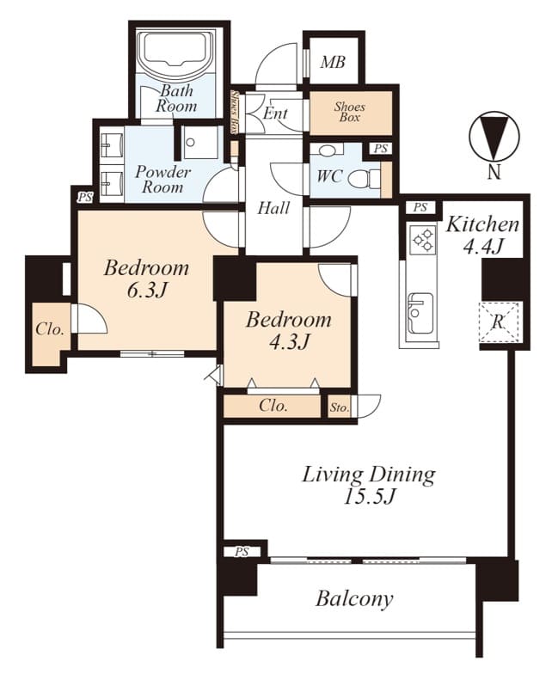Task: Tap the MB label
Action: (x=333, y=62)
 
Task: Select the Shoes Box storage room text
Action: (x=349, y=112)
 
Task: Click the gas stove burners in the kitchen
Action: (x=423, y=240)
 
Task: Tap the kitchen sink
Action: (x=420, y=313)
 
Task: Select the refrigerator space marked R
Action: (x=499, y=322)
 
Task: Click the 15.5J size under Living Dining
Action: (x=370, y=497)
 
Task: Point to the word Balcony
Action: (x=354, y=598)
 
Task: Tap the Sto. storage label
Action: (x=339, y=407)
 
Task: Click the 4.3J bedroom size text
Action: (x=289, y=342)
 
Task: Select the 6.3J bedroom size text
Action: (x=146, y=291)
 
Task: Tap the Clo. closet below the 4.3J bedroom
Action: (x=273, y=406)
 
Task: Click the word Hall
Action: (x=273, y=208)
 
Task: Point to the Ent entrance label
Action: (x=275, y=113)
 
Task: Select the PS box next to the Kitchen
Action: (x=420, y=208)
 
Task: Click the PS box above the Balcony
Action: (x=242, y=552)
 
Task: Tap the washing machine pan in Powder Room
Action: (x=199, y=143)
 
